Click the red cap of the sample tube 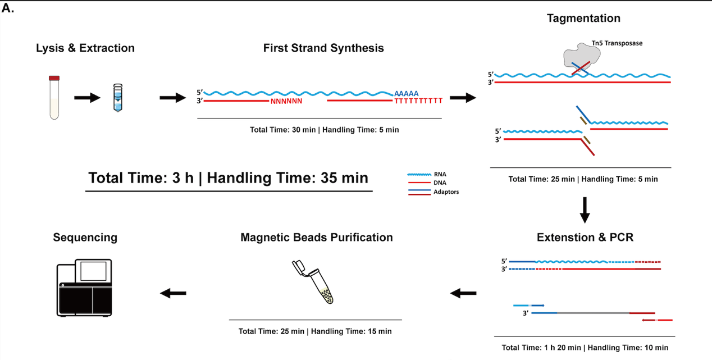click(54, 78)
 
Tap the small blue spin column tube click(117, 98)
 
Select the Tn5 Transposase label click(617, 43)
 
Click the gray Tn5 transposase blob click(582, 57)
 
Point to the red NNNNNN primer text click(286, 102)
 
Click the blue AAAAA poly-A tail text click(406, 93)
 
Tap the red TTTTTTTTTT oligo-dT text click(418, 101)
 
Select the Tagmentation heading click(583, 19)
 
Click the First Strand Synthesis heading click(323, 48)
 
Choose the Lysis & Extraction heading click(85, 48)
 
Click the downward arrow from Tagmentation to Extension click(585, 210)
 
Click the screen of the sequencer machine click(93, 271)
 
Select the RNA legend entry click(427, 174)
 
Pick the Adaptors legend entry click(433, 192)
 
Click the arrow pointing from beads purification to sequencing click(173, 293)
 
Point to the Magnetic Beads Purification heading click(317, 237)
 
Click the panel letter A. click(8, 8)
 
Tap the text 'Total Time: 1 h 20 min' click(541, 348)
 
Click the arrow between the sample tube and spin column click(88, 98)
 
